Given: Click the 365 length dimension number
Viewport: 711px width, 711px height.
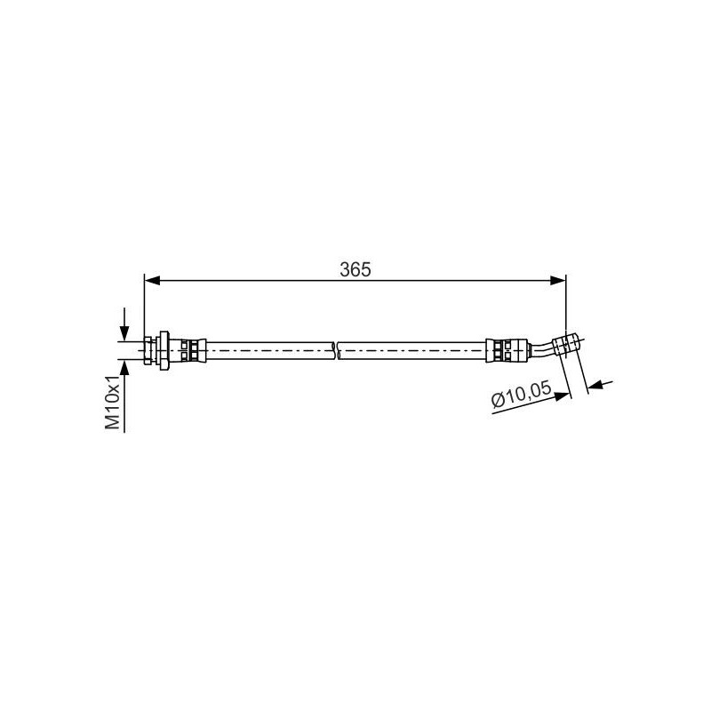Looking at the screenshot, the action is (355, 270).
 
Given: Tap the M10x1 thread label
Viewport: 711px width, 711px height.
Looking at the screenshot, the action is (113, 402).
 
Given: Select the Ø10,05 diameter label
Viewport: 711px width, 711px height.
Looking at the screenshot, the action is (522, 394).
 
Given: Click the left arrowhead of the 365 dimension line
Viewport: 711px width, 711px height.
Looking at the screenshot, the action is (152, 280).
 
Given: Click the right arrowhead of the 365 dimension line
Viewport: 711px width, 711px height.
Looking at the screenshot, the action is (558, 280).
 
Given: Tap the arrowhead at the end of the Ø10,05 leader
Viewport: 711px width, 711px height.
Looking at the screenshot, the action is (563, 395).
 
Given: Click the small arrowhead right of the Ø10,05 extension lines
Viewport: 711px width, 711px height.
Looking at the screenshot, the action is (595, 386).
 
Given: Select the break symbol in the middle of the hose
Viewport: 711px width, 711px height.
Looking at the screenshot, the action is (336, 350).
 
